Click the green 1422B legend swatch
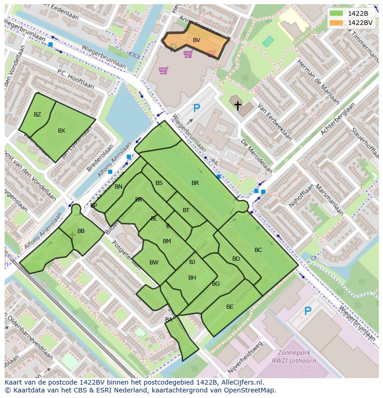click(337, 13)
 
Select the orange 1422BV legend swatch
click(337, 22)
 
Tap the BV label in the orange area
click(197, 40)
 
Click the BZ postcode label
click(37, 115)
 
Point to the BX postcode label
click(62, 131)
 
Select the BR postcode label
click(195, 183)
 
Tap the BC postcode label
click(258, 250)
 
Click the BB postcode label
click(81, 231)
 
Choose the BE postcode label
click(230, 307)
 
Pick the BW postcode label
click(154, 263)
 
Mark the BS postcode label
click(159, 183)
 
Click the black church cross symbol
click(238, 106)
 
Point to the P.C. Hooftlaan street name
click(75, 79)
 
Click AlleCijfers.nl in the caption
click(241, 383)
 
